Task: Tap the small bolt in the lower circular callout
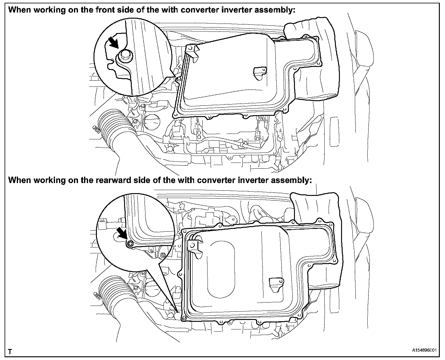pos(130,243)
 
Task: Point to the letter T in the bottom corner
pos(10,352)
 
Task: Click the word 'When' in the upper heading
pos(19,9)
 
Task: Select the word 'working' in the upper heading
pos(48,9)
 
